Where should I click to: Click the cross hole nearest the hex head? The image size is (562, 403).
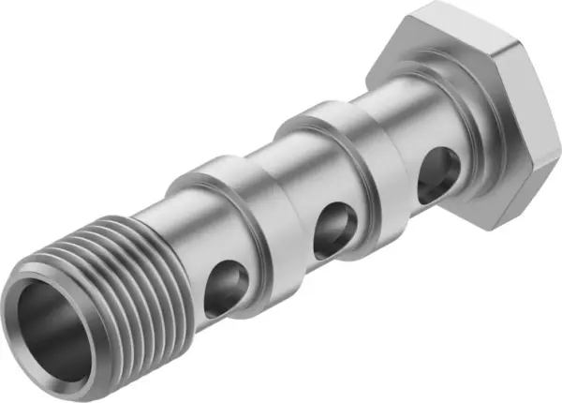point(437,172)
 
